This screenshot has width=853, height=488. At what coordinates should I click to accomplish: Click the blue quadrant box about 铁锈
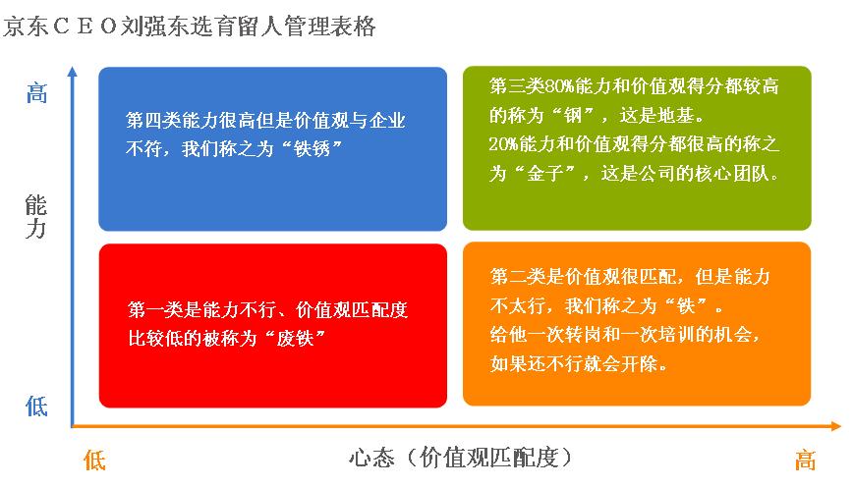pos(272,149)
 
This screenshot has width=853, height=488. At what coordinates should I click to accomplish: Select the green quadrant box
pos(637,148)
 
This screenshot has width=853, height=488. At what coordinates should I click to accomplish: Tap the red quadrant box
pos(273,326)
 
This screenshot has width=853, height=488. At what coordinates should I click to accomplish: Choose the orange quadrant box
pos(637,324)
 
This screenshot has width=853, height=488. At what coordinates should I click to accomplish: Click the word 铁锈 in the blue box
pos(312,149)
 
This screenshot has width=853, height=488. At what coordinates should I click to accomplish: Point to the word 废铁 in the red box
pos(295,339)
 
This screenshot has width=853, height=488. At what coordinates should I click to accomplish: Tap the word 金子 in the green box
pos(544,174)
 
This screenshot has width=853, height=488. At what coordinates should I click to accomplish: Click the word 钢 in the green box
pos(572,115)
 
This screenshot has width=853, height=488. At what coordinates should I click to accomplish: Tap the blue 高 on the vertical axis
pos(37,93)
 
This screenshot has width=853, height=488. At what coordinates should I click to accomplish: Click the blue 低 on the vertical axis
pos(37,406)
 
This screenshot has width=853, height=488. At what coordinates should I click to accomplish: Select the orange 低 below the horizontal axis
pos(94,461)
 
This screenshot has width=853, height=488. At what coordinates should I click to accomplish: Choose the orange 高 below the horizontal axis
pos(805,461)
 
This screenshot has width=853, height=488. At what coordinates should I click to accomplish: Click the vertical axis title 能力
pos(36,217)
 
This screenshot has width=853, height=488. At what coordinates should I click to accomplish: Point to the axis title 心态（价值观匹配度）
pos(460,458)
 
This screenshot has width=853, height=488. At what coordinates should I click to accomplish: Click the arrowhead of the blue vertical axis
pos(73,72)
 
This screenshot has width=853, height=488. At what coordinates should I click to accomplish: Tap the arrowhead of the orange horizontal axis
pos(836,426)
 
